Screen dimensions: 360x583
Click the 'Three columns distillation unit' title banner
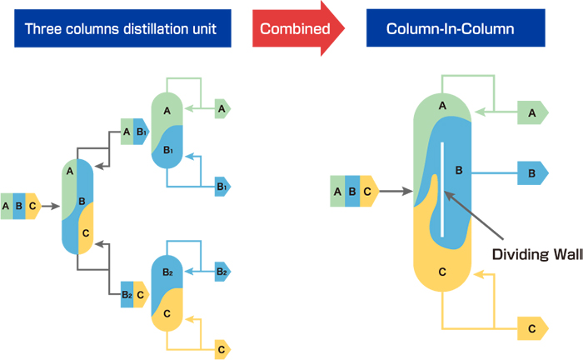tap(121, 29)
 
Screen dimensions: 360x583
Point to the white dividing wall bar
tap(442, 187)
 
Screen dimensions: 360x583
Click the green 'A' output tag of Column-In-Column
tap(531, 112)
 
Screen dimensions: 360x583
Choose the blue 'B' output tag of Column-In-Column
tap(531, 174)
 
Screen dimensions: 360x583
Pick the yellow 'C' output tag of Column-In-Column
tap(531, 328)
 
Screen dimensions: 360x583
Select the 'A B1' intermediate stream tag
tap(134, 131)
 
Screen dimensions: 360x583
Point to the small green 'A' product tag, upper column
tap(222, 107)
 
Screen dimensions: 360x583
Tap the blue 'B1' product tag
tap(222, 187)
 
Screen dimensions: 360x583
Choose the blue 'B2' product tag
tap(222, 272)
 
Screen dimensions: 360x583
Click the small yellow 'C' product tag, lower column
tap(222, 348)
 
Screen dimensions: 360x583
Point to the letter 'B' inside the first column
tap(82, 201)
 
